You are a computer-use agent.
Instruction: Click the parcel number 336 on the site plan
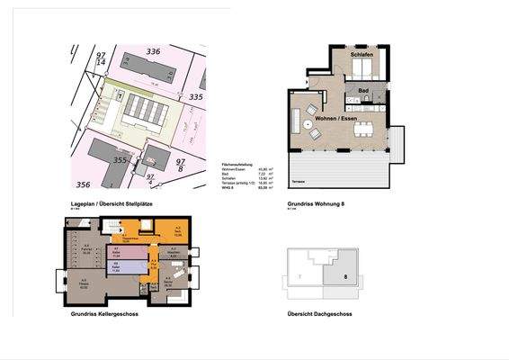click(153, 52)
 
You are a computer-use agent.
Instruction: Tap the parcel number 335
click(196, 96)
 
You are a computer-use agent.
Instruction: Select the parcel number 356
click(84, 184)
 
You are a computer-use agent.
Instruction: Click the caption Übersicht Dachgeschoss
click(319, 314)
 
